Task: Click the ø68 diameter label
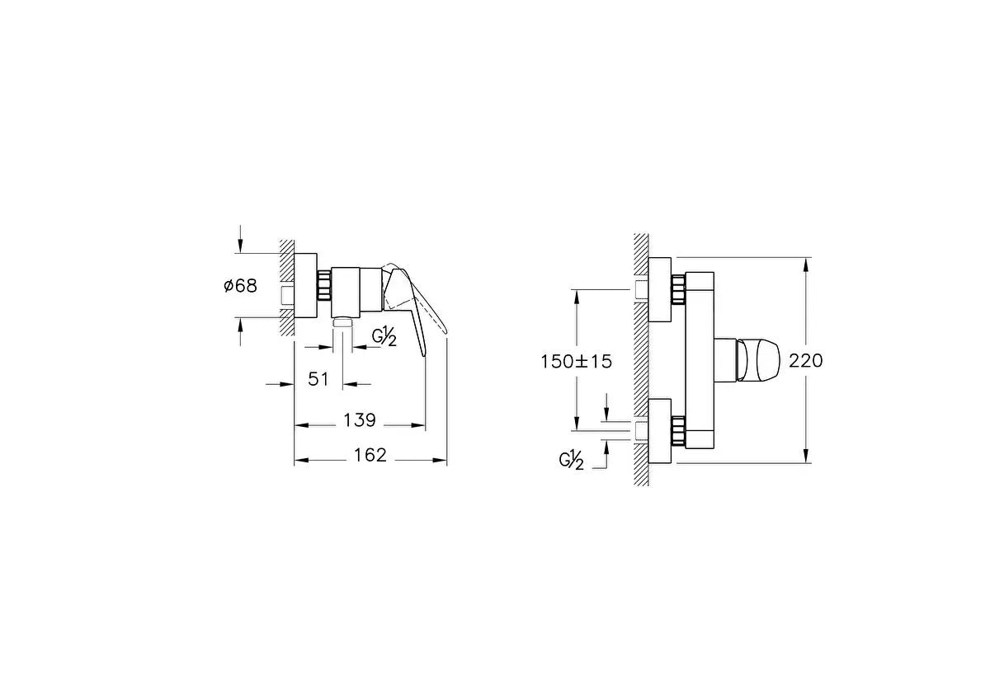[240, 286]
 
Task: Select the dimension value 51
[318, 379]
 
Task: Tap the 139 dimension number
[360, 419]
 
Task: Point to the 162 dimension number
[370, 455]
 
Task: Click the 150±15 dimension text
[577, 361]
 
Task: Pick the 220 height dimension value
[806, 360]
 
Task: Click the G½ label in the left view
[384, 336]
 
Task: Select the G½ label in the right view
[572, 460]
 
